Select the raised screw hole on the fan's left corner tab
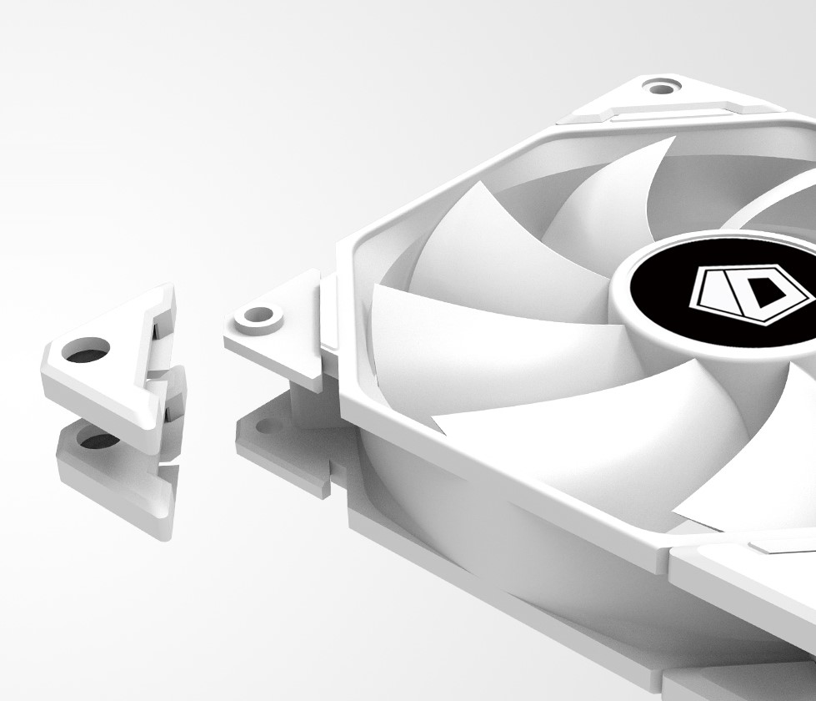[x=258, y=315]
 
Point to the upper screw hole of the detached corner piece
[x=87, y=349]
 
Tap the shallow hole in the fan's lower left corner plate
[x=269, y=428]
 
